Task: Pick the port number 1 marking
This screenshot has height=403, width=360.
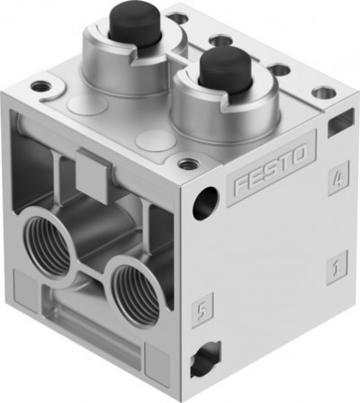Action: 336,266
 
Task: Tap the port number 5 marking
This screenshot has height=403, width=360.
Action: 203,310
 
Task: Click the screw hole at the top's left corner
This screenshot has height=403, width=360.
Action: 40,87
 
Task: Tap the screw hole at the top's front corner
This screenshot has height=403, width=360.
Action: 187,165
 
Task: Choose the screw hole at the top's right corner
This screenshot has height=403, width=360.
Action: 320,92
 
